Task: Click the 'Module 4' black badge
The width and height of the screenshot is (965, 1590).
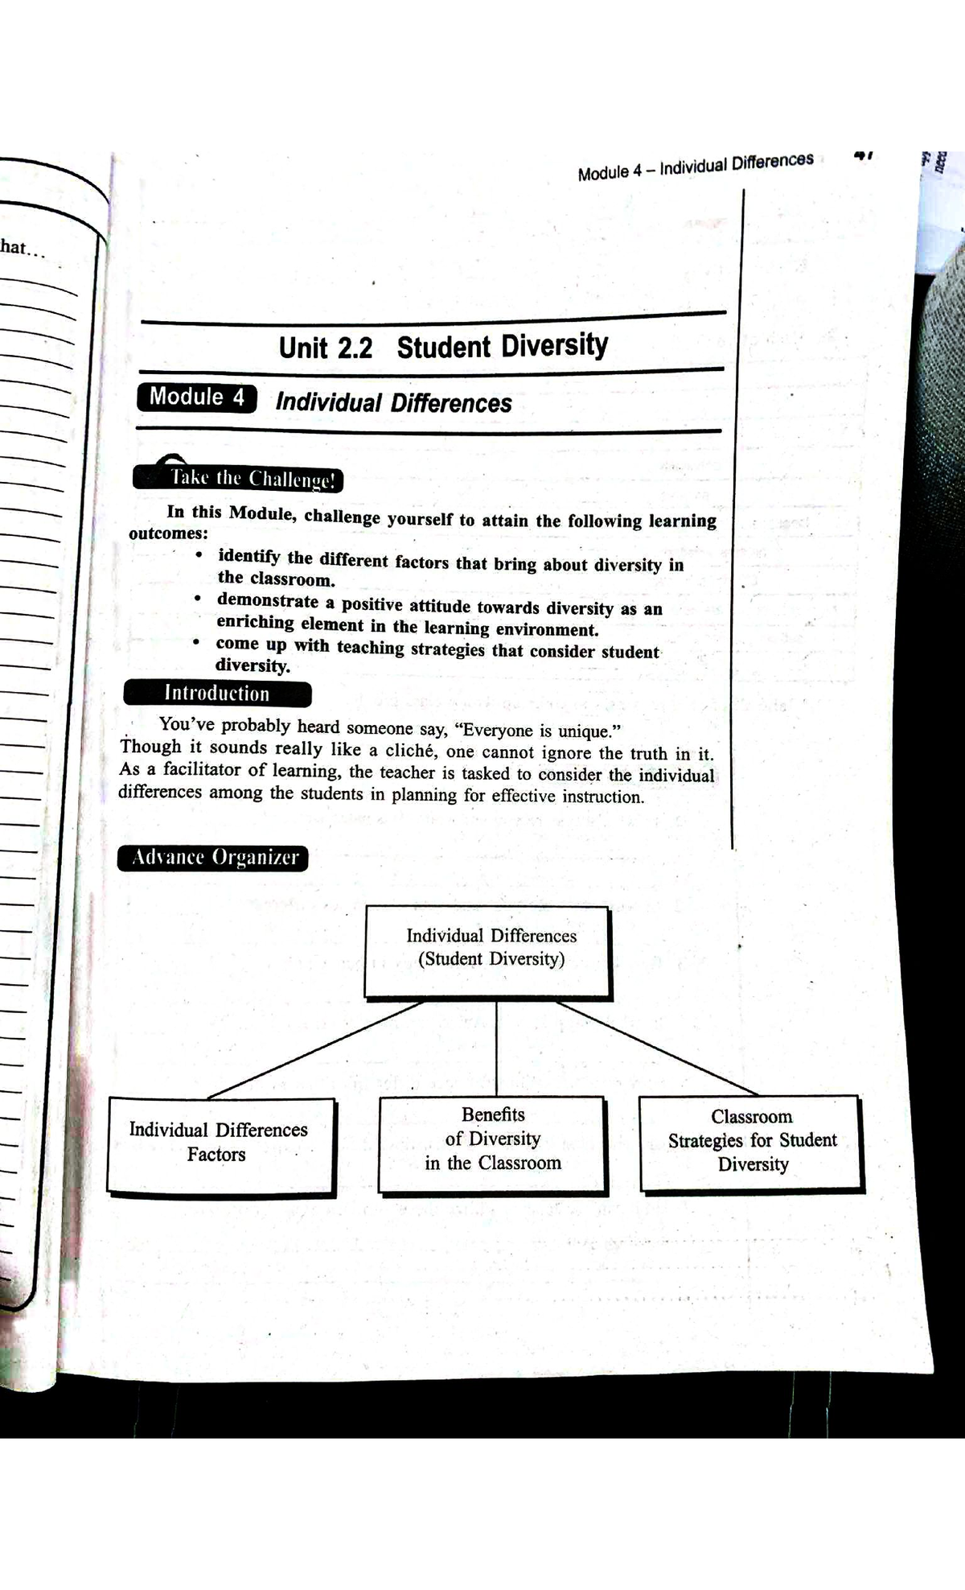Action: (x=197, y=397)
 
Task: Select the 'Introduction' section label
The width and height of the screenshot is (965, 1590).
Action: (x=217, y=694)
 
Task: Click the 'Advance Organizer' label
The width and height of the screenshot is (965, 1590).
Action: (x=213, y=858)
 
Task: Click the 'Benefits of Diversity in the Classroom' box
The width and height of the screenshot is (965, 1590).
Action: (x=492, y=1143)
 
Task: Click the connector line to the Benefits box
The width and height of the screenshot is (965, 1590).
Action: (x=496, y=1048)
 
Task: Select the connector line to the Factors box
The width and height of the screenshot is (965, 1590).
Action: (x=314, y=1050)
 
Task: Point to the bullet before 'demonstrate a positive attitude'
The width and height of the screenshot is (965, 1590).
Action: (x=197, y=599)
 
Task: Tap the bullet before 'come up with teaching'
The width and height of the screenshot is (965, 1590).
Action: (x=195, y=642)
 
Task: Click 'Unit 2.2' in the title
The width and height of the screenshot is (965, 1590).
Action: (x=326, y=348)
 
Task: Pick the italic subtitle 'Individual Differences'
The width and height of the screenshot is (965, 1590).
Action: (x=393, y=402)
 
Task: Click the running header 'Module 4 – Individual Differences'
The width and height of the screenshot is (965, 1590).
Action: (x=696, y=166)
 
